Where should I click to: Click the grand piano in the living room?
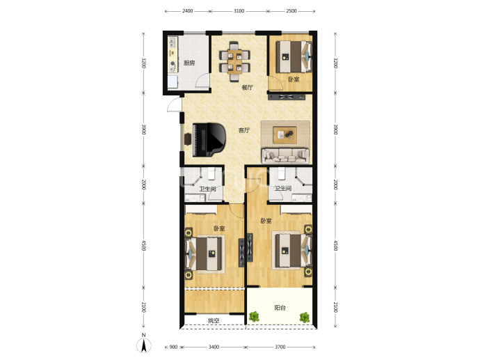point(209,139)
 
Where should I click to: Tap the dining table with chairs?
point(234,61)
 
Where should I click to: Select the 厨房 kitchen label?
point(189,63)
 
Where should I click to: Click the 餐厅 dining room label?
point(248,87)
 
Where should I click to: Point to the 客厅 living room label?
point(244,130)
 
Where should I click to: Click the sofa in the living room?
point(285,155)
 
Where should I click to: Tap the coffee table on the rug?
point(285,135)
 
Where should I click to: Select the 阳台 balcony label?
point(280,308)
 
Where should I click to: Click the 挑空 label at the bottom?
point(214,321)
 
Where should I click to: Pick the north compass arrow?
point(144,345)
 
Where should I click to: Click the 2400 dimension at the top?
point(188,11)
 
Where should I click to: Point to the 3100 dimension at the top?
point(239,11)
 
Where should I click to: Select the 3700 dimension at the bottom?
point(280,347)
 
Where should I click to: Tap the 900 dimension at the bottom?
point(173,347)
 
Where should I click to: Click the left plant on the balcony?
point(254,317)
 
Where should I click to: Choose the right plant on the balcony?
point(304,318)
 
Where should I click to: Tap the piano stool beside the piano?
point(187,139)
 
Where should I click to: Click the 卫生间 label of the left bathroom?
point(207,189)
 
